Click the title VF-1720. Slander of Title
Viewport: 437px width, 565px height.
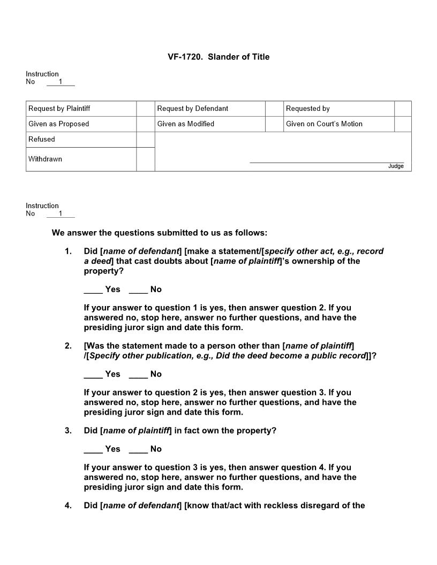[x=218, y=57]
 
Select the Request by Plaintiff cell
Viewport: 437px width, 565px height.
[x=81, y=109]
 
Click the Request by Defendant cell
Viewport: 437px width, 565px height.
[x=210, y=109]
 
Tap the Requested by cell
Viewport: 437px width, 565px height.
[x=338, y=109]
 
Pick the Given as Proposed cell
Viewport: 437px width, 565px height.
[x=81, y=124]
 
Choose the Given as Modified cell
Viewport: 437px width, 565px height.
[x=210, y=124]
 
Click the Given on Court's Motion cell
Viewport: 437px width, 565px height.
[x=338, y=124]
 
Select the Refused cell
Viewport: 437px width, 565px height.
[x=81, y=140]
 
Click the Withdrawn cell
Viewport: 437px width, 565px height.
[x=81, y=159]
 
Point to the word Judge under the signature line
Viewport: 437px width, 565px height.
[x=396, y=166]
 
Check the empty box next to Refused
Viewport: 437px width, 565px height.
[x=146, y=140]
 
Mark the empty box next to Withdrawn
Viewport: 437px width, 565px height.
[x=146, y=159]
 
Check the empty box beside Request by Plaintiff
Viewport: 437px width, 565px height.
[x=146, y=109]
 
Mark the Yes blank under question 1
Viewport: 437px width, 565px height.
[x=93, y=290]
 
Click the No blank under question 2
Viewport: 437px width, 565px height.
[x=138, y=375]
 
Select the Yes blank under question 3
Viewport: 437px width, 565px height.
[x=93, y=449]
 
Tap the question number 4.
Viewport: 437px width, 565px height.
[x=68, y=506]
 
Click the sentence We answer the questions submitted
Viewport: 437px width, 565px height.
[x=159, y=233]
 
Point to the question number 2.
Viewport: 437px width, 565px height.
[x=68, y=346]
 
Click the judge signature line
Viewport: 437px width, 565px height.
[x=327, y=162]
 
